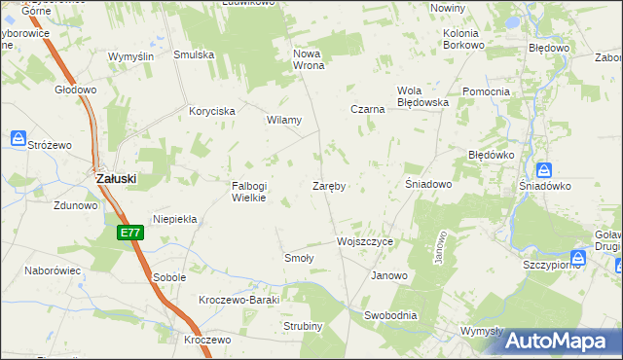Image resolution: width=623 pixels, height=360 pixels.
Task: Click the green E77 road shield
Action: (131, 234)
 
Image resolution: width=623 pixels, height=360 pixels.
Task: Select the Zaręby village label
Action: (330, 185)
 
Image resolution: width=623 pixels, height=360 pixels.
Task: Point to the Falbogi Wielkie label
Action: (248, 192)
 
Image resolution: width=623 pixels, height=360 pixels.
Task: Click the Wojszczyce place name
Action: (364, 240)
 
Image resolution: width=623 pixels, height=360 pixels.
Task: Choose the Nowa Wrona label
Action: (308, 59)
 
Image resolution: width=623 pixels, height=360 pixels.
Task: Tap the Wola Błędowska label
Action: (421, 96)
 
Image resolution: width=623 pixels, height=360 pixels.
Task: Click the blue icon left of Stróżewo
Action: (18, 140)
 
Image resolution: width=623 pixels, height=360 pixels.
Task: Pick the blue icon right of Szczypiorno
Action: (579, 258)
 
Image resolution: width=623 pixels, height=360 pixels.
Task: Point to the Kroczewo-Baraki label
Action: (238, 300)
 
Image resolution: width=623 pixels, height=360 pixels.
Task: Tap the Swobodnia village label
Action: (390, 315)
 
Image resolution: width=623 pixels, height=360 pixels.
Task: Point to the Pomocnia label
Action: (487, 92)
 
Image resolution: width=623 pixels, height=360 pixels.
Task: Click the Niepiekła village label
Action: (175, 220)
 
